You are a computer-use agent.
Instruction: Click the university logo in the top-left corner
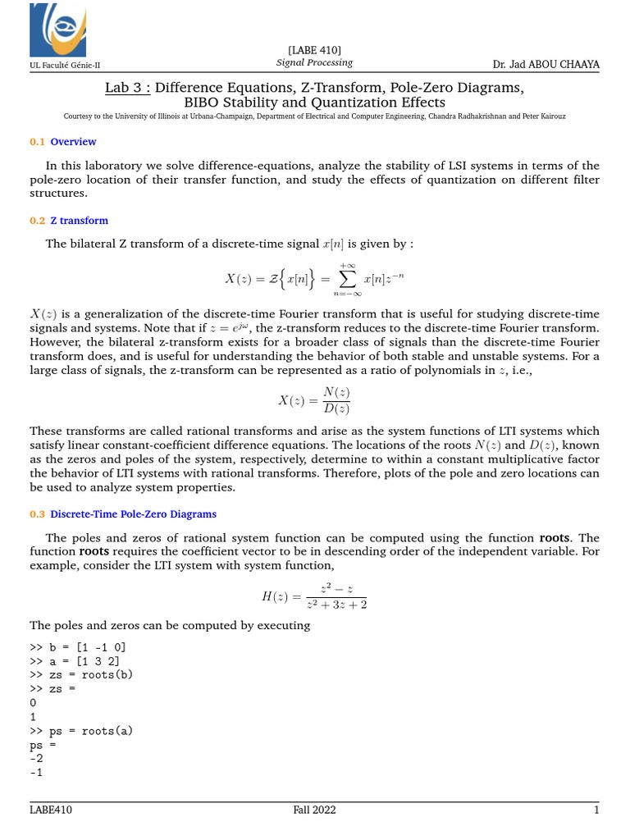tap(57, 30)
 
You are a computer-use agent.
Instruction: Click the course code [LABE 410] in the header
tap(314, 50)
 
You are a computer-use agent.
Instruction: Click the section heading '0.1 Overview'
tap(63, 142)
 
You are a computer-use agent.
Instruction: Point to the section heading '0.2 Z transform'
tap(69, 221)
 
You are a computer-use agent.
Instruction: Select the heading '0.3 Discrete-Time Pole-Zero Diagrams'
tap(123, 514)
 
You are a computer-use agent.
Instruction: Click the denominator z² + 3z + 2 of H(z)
tap(336, 605)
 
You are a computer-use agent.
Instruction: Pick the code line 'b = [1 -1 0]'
tap(78, 646)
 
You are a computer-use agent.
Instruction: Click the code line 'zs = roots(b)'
tap(81, 674)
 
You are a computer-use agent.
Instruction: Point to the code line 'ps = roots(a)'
tap(81, 730)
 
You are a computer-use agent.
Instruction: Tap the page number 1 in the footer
tap(597, 810)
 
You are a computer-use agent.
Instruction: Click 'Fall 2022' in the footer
tap(314, 810)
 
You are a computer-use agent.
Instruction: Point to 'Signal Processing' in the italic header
tap(314, 62)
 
